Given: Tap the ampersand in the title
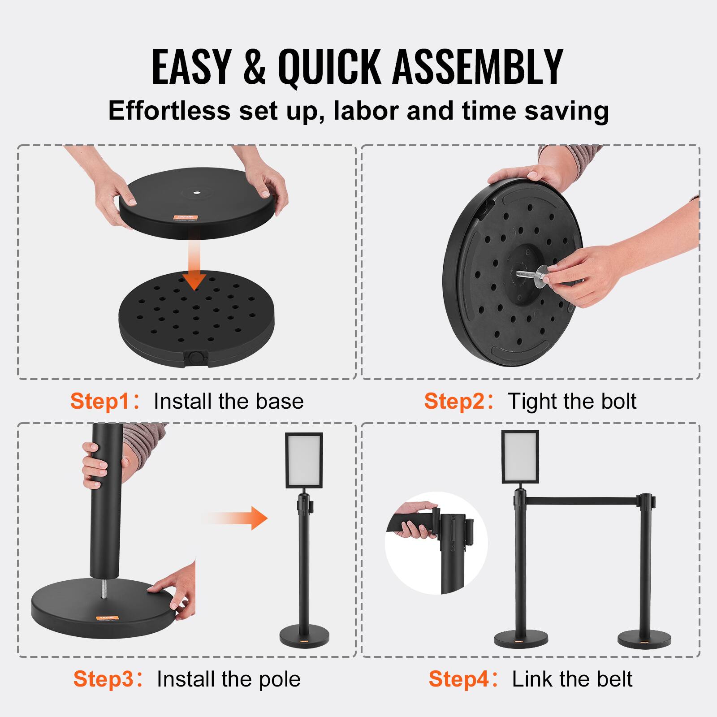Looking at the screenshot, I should tap(255, 67).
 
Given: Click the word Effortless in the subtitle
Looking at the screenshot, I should tap(169, 111).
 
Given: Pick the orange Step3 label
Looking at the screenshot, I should tap(104, 679).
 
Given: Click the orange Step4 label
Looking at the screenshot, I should tap(459, 679).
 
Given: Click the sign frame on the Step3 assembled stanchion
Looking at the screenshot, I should tap(304, 460).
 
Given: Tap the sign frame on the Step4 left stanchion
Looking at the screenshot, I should tap(520, 457).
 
